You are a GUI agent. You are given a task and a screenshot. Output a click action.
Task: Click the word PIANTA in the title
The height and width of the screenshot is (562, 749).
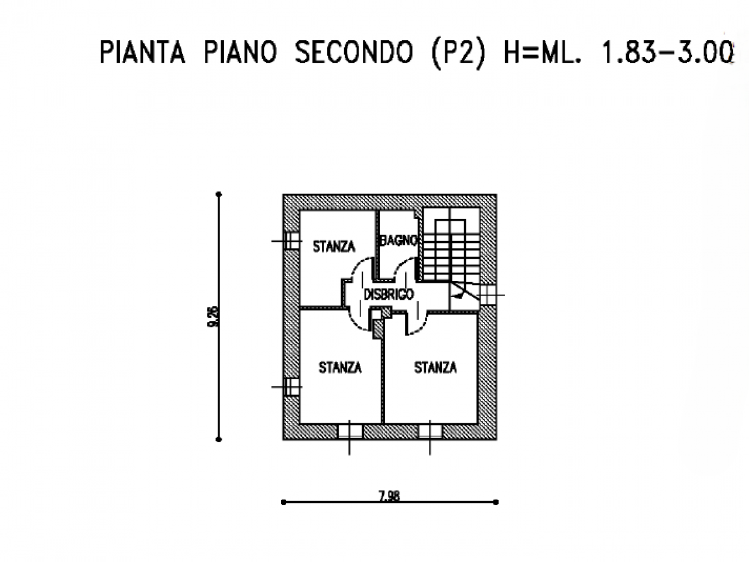pyautogui.click(x=143, y=52)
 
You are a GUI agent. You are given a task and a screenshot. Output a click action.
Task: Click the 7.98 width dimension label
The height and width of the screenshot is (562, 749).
pyautogui.click(x=389, y=497)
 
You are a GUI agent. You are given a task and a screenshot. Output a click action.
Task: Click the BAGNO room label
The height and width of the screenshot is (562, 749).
pyautogui.click(x=399, y=241)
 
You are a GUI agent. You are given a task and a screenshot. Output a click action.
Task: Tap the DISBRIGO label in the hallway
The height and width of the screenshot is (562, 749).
pyautogui.click(x=389, y=294)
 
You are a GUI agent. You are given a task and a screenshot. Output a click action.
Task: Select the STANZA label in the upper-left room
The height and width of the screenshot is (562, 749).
pyautogui.click(x=334, y=246)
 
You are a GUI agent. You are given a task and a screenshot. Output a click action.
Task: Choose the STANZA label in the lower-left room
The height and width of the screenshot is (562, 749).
pyautogui.click(x=340, y=368)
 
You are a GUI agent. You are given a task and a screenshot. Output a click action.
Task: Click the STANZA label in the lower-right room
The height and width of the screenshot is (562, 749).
pyautogui.click(x=435, y=368)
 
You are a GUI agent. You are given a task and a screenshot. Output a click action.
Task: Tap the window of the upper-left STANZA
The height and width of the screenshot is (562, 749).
pyautogui.click(x=290, y=241)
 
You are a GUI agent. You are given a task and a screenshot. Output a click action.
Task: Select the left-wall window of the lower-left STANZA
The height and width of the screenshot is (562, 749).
pyautogui.click(x=290, y=387)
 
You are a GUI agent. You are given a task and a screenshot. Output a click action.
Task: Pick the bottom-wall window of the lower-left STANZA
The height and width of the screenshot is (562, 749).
pyautogui.click(x=350, y=431)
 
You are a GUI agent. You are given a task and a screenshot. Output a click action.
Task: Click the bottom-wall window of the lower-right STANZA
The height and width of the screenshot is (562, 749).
pyautogui.click(x=430, y=431)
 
